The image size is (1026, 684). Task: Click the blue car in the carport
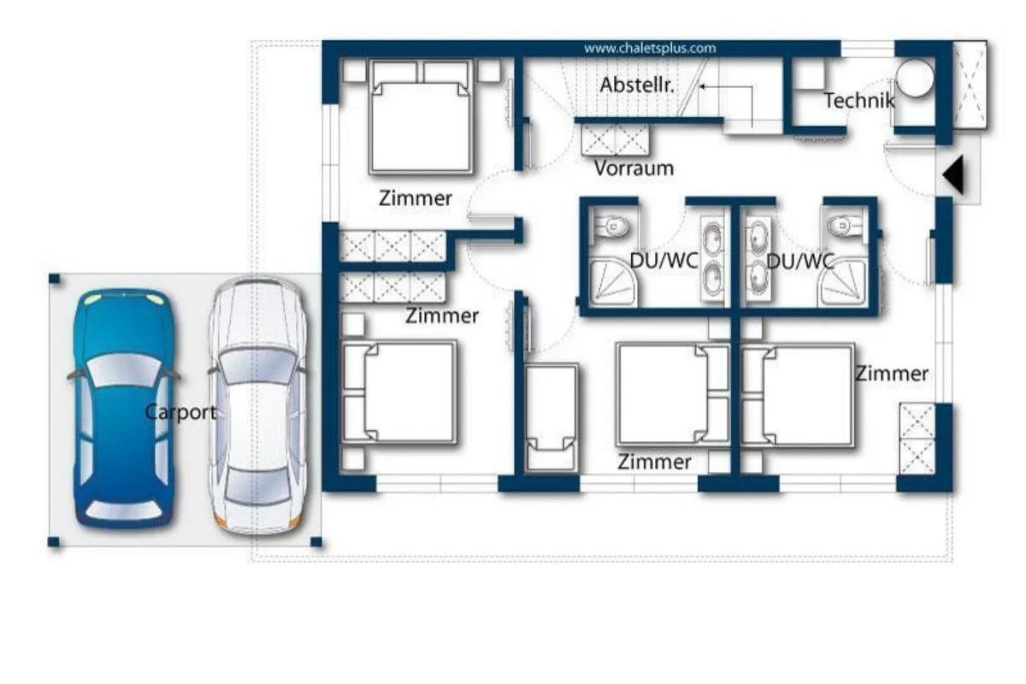(124, 408)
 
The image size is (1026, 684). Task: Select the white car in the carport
(258, 407)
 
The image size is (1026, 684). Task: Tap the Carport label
(180, 412)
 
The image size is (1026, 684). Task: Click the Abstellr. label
(637, 85)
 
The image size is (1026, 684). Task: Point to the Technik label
(859, 101)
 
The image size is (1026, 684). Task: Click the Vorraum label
(634, 168)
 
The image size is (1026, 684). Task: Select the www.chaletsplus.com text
(650, 48)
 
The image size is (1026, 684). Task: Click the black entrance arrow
(953, 174)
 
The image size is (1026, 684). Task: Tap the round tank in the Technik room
(914, 78)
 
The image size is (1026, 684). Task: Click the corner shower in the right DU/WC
(844, 282)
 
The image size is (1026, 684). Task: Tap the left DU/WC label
(664, 261)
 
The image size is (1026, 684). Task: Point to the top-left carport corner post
(55, 279)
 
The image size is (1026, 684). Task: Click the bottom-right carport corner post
(316, 542)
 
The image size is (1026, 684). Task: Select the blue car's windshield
(124, 369)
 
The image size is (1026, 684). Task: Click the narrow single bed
(551, 417)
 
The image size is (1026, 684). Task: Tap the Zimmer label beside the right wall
(893, 374)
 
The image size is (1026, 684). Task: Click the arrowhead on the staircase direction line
(702, 85)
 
